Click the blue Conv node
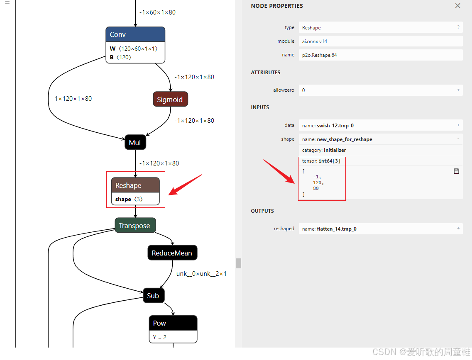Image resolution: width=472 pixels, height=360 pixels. click(135, 35)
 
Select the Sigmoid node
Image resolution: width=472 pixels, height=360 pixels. click(170, 100)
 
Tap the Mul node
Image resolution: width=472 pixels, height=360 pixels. click(135, 143)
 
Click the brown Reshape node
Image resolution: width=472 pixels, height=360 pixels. click(135, 185)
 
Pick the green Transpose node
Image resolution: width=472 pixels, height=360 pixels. click(135, 226)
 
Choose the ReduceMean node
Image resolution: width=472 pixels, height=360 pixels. click(172, 253)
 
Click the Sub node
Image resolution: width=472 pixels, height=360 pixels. click(153, 296)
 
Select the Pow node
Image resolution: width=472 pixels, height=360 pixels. click(173, 324)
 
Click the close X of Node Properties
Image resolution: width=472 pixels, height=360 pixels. click(457, 6)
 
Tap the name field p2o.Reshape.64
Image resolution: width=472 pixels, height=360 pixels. click(380, 55)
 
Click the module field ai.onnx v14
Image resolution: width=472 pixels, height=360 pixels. click(380, 41)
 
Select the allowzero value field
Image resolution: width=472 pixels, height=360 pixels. click(380, 90)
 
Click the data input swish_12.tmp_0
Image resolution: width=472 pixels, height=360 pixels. click(380, 125)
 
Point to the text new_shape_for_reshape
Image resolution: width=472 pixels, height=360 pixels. click(344, 139)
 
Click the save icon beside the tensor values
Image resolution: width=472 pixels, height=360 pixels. click(456, 171)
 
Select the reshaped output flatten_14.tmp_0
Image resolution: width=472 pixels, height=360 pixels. click(380, 229)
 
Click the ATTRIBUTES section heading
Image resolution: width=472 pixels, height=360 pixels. click(266, 73)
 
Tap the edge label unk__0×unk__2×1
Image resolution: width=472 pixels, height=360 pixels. click(201, 274)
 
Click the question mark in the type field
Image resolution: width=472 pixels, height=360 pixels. click(458, 27)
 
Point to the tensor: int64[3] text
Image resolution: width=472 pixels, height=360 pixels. click(321, 161)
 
